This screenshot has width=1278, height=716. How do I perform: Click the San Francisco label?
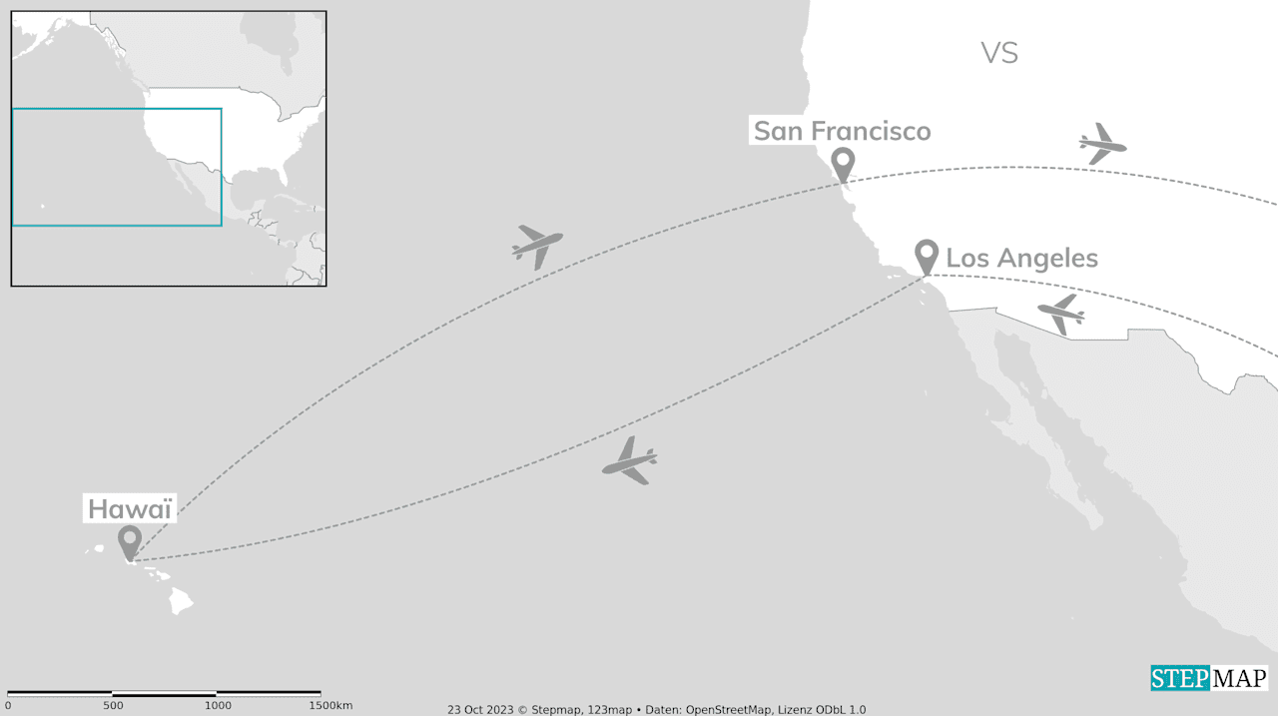click(x=842, y=131)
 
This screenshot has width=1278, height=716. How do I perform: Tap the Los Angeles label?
click(x=1021, y=258)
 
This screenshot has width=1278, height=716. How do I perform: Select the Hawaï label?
click(x=130, y=508)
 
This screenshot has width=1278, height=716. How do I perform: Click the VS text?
click(x=998, y=53)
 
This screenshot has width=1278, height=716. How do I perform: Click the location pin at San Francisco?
click(x=843, y=163)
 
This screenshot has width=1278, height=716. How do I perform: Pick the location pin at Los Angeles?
click(x=927, y=255)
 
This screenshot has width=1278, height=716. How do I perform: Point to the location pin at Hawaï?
click(x=129, y=541)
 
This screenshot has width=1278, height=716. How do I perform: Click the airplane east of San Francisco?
click(x=1101, y=145)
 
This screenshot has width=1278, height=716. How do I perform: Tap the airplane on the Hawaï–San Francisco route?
click(x=537, y=245)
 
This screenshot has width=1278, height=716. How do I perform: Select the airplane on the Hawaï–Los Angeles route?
click(x=630, y=461)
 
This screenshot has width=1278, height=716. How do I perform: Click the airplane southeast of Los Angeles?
click(x=1061, y=314)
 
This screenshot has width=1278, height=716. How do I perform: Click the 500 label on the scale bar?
click(x=113, y=706)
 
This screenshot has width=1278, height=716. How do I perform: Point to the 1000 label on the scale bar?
click(x=218, y=706)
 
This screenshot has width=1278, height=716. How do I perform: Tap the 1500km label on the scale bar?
click(x=328, y=706)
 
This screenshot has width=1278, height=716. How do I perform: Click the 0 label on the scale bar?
click(x=8, y=706)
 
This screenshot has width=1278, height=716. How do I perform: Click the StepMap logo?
click(x=1208, y=678)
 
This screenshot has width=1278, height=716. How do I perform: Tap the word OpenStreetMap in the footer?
click(x=727, y=710)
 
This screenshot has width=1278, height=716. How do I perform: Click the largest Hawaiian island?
click(x=181, y=600)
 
